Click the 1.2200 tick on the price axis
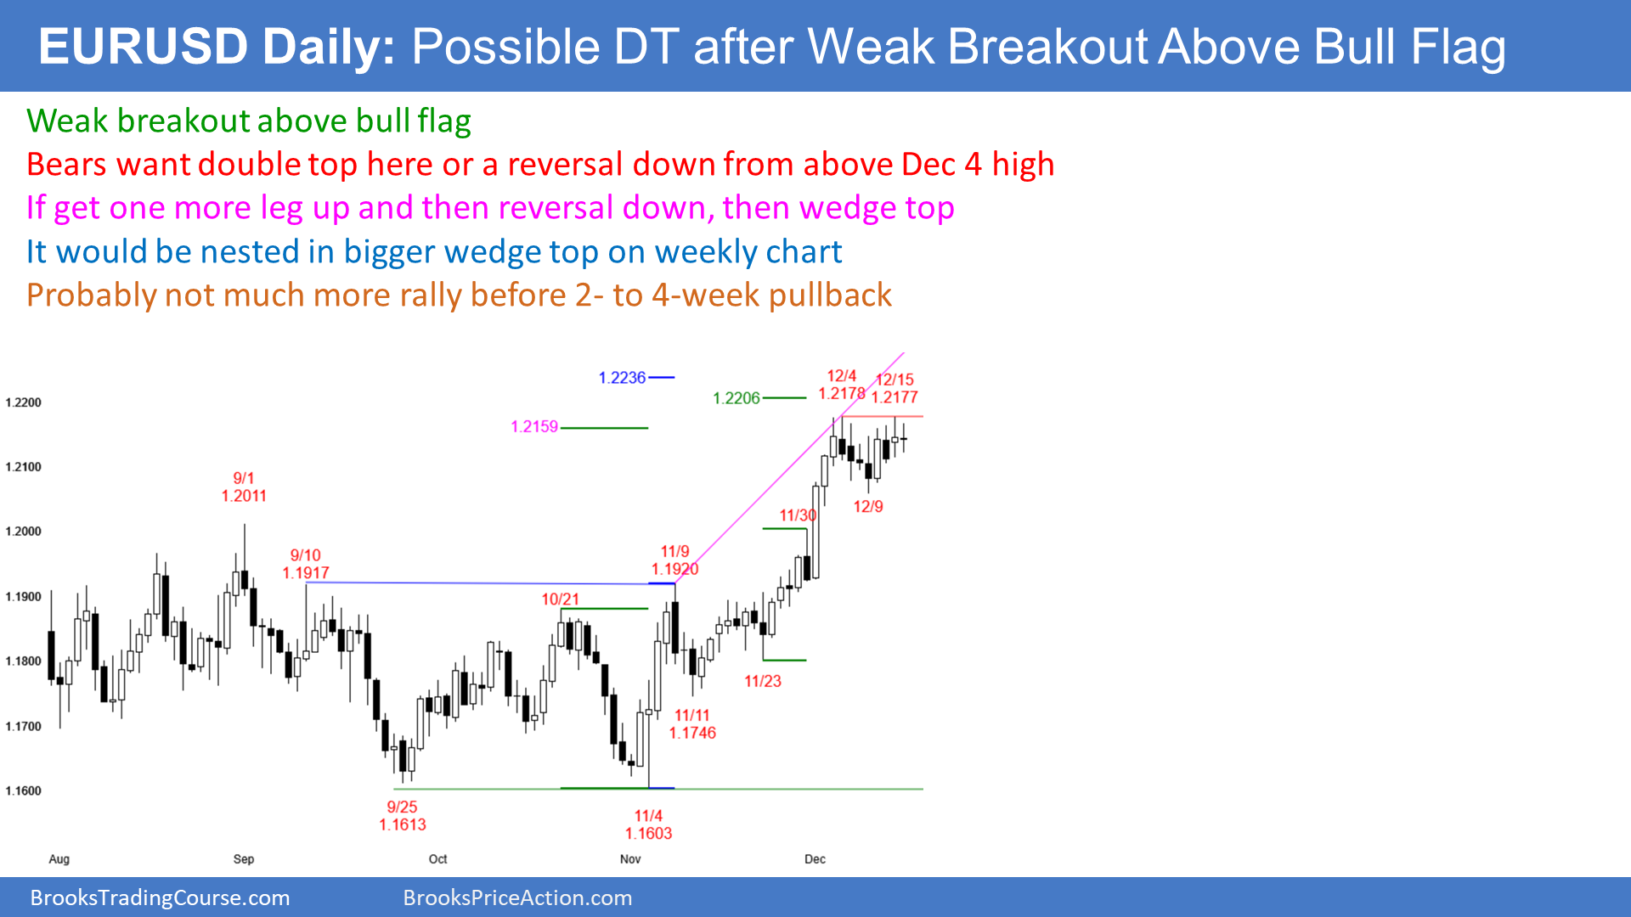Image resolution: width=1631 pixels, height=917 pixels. click(x=23, y=402)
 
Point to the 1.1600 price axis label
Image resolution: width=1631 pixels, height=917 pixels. click(x=23, y=791)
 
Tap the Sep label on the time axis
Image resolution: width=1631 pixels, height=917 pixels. click(x=244, y=859)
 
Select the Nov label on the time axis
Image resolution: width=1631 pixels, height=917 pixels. click(x=630, y=859)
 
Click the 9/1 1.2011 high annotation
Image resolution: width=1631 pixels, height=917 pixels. click(x=244, y=487)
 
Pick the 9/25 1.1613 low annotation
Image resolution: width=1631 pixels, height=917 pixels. click(x=403, y=816)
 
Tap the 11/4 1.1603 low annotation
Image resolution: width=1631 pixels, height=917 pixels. click(x=648, y=824)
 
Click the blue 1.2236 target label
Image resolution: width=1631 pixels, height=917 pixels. click(x=622, y=378)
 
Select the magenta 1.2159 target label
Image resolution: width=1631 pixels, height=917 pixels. click(x=534, y=426)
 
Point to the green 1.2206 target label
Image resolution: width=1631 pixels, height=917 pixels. click(x=736, y=398)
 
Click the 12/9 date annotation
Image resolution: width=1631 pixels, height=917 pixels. click(x=868, y=507)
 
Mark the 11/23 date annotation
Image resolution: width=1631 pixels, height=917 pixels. click(x=763, y=681)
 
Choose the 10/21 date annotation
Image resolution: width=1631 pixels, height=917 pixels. click(x=561, y=599)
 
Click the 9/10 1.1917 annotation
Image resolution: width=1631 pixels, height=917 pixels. click(x=306, y=564)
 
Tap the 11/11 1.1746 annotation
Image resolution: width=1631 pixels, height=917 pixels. click(x=692, y=724)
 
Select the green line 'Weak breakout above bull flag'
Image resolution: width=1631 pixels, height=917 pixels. click(x=249, y=121)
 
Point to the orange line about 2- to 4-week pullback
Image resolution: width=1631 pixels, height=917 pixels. click(x=459, y=295)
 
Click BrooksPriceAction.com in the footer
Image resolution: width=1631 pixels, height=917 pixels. click(x=517, y=897)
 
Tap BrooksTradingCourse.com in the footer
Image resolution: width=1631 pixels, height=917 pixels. click(x=160, y=897)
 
